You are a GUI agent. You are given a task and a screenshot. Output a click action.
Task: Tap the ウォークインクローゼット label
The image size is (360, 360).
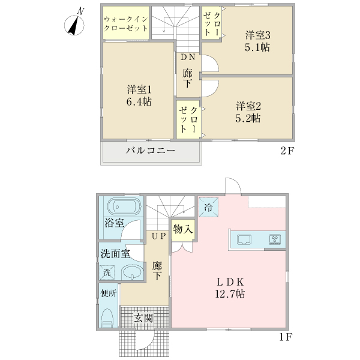tap(127, 23)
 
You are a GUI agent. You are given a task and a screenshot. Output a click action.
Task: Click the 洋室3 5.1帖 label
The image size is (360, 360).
tap(257, 40)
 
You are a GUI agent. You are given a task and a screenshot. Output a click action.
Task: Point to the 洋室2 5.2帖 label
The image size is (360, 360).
tap(248, 112)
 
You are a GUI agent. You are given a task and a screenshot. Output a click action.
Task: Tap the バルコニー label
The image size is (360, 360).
tap(150, 150)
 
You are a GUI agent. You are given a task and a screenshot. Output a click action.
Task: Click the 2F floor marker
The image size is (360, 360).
tap(287, 151)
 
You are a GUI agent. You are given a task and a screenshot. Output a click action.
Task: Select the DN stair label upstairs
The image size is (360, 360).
tap(188, 58)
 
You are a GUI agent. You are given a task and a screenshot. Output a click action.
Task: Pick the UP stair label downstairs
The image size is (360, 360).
tap(158, 236)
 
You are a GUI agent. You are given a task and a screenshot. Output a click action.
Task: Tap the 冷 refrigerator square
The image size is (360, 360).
tap(208, 207)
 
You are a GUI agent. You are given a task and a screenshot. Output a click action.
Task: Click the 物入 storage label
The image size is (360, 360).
tap(183, 229)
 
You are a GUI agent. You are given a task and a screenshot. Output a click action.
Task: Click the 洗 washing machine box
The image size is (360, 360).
tap(107, 272)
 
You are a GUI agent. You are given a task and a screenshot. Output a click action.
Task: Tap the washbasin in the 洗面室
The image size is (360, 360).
tap(131, 273)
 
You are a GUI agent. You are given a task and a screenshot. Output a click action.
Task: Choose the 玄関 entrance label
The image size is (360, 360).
tap(143, 317)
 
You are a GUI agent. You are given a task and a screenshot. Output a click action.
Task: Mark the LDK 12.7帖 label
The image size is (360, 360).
tap(230, 288)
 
